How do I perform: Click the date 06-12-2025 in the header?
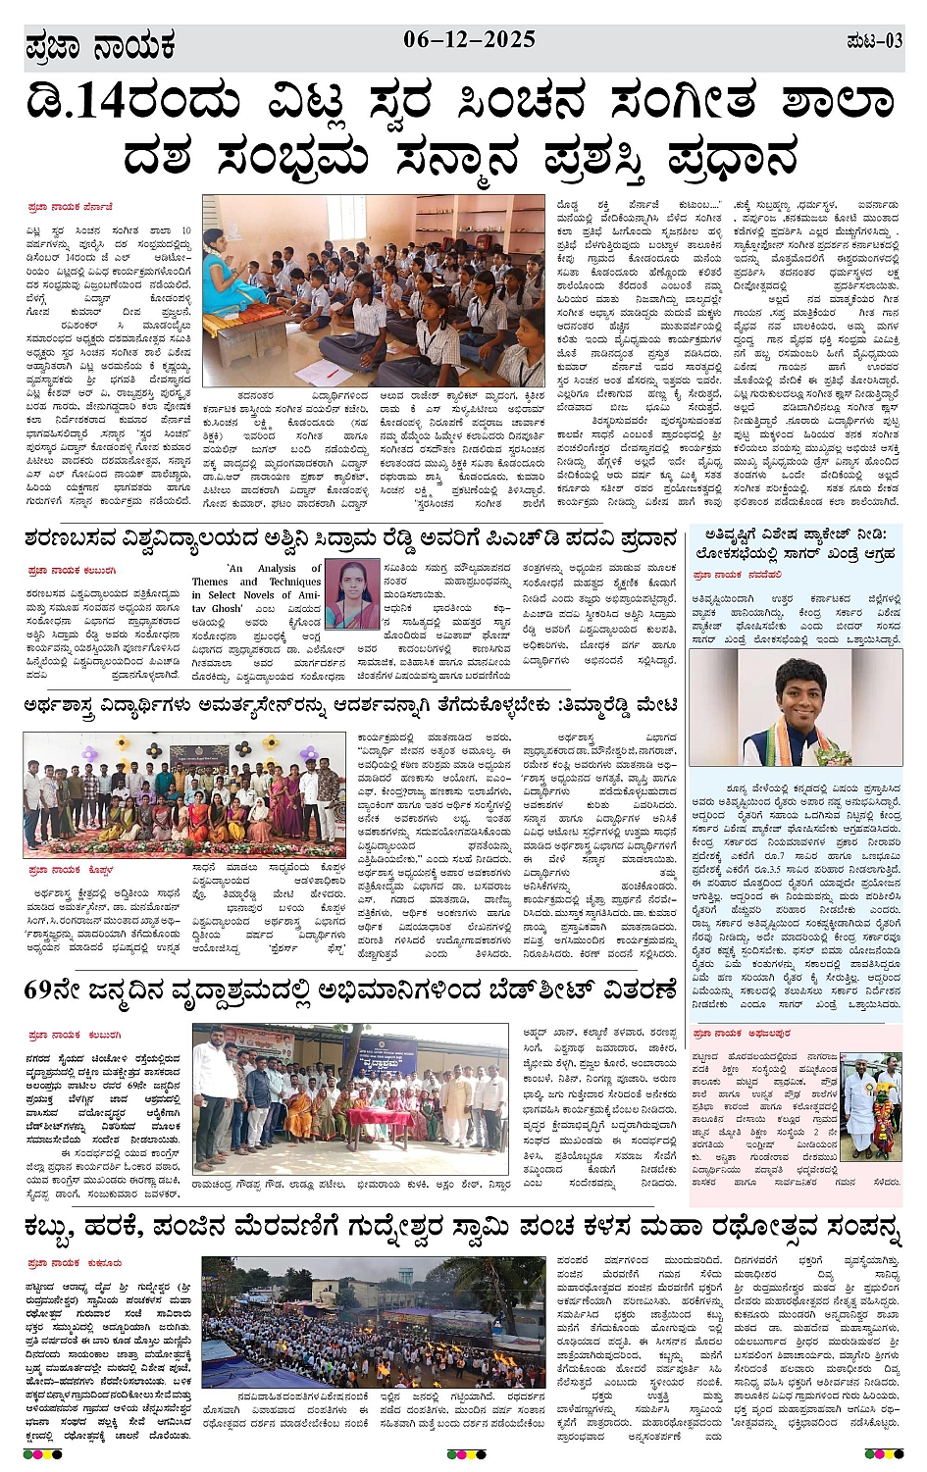point(469,39)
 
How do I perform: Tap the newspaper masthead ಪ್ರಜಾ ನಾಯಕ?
point(99,44)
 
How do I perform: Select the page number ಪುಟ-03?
point(874,40)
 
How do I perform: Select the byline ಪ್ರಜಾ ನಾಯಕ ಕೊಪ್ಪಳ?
point(68,870)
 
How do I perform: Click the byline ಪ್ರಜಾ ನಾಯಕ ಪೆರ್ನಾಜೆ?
point(71,207)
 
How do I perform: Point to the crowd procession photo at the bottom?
point(373,1321)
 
